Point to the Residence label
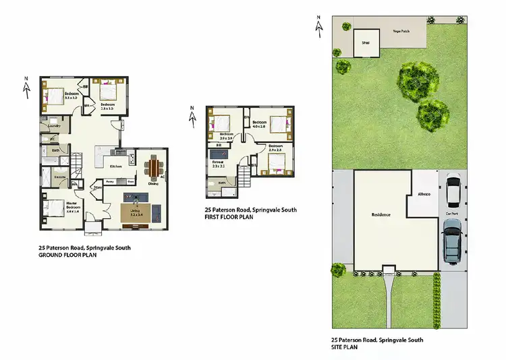(x=381, y=214)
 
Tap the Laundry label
(x=56, y=126)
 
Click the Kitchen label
(x=115, y=166)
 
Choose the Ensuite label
(x=60, y=177)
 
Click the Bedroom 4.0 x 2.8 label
(x=260, y=124)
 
